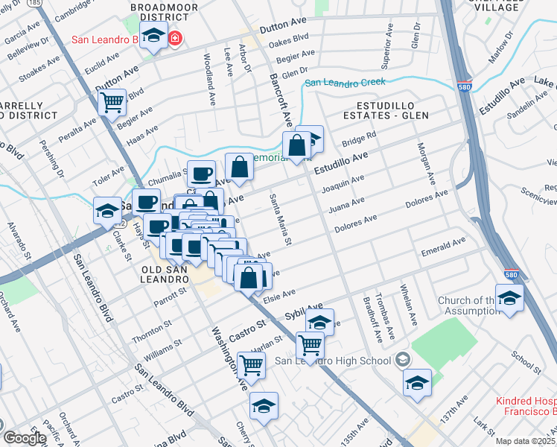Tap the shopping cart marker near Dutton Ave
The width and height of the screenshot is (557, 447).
(112, 102)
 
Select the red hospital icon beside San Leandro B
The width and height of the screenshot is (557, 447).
(174, 38)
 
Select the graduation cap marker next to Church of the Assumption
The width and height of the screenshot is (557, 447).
(509, 298)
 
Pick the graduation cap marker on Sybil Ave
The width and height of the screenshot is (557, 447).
(319, 323)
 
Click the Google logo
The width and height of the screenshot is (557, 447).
(24, 438)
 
